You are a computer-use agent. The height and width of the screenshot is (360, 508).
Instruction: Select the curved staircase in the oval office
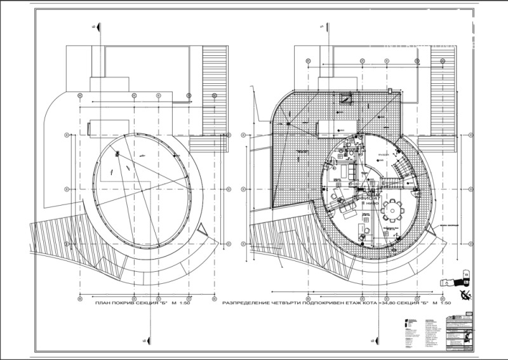[x=404, y=171]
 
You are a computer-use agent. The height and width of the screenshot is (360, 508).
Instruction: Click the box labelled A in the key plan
[x=466, y=275]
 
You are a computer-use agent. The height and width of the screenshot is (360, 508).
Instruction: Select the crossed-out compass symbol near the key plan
[x=467, y=293]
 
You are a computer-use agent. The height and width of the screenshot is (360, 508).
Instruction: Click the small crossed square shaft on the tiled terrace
[x=347, y=99]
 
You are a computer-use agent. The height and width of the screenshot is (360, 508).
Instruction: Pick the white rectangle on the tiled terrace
[x=330, y=126]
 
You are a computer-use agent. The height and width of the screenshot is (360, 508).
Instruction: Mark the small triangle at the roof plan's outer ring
[x=204, y=229]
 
